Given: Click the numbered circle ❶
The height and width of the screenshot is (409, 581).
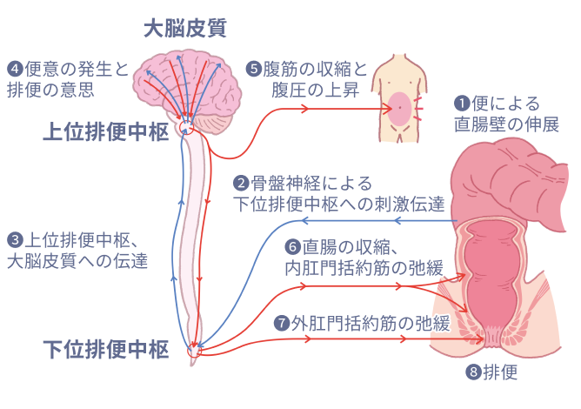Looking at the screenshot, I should pyautogui.click(x=463, y=103).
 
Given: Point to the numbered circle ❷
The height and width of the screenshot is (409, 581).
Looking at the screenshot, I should pyautogui.click(x=241, y=184).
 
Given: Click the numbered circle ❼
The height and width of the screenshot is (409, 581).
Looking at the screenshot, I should pyautogui.click(x=280, y=323).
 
